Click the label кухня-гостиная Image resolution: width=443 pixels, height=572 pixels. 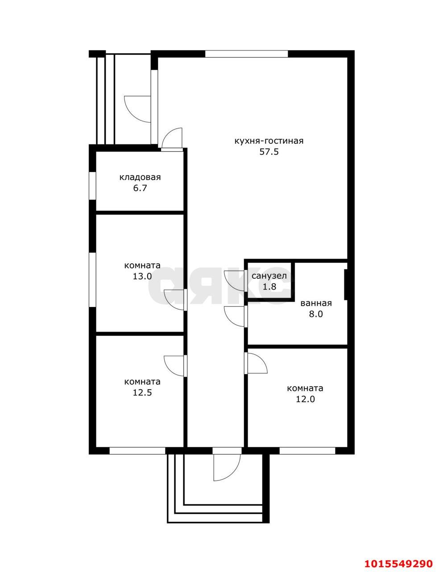(x=269, y=141)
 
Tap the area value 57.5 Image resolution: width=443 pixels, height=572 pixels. (x=269, y=152)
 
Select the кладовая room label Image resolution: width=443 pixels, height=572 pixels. (x=140, y=177)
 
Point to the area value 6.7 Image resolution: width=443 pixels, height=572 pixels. (x=140, y=189)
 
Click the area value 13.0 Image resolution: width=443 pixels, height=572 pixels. (x=142, y=276)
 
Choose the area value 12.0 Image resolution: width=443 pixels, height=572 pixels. (x=305, y=400)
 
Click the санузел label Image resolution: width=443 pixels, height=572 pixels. (x=269, y=276)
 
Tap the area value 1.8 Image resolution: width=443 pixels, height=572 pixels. (x=269, y=286)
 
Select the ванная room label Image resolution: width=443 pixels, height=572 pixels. (x=316, y=303)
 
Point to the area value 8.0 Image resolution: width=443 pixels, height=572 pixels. (x=316, y=314)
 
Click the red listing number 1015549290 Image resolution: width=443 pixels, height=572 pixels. (x=398, y=561)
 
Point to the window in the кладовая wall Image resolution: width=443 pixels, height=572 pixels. (x=92, y=186)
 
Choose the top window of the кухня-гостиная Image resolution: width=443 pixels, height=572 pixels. (x=246, y=54)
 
